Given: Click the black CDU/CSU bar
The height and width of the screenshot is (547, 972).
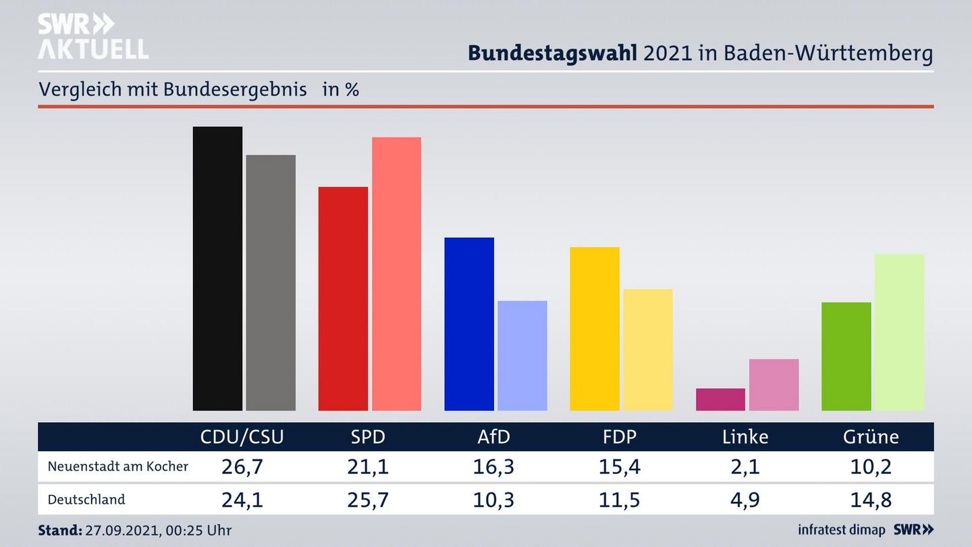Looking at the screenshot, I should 217,268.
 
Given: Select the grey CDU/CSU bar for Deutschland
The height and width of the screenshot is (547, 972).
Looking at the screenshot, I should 271,282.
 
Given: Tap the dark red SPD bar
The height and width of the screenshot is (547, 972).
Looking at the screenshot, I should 343,298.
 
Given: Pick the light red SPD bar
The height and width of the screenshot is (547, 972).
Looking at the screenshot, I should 396,273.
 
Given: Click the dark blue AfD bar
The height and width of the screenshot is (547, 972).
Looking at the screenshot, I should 469,323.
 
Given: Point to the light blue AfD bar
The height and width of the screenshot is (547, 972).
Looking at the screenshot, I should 522,355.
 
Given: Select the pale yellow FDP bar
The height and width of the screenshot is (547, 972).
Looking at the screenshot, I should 648,350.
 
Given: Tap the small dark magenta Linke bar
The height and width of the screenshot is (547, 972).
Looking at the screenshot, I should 720,399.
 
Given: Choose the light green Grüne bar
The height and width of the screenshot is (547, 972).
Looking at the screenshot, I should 899,332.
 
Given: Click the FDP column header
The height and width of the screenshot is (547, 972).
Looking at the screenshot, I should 620,437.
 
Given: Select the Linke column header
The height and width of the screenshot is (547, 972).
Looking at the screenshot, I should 745,437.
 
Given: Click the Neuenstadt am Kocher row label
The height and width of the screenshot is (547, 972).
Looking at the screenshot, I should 118,467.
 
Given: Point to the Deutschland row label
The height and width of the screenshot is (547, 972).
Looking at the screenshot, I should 86,500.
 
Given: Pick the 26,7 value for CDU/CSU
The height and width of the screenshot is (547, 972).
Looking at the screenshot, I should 242,467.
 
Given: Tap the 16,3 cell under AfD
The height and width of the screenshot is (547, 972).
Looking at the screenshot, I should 493,467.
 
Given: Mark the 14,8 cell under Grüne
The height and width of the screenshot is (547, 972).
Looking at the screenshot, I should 871,500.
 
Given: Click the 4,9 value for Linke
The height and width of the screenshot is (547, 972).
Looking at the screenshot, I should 745,500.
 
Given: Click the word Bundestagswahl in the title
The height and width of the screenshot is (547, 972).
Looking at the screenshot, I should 552,53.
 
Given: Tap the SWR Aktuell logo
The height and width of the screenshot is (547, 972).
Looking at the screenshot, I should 93,36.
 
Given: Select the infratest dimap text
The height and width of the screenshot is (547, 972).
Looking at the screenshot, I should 841,530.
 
